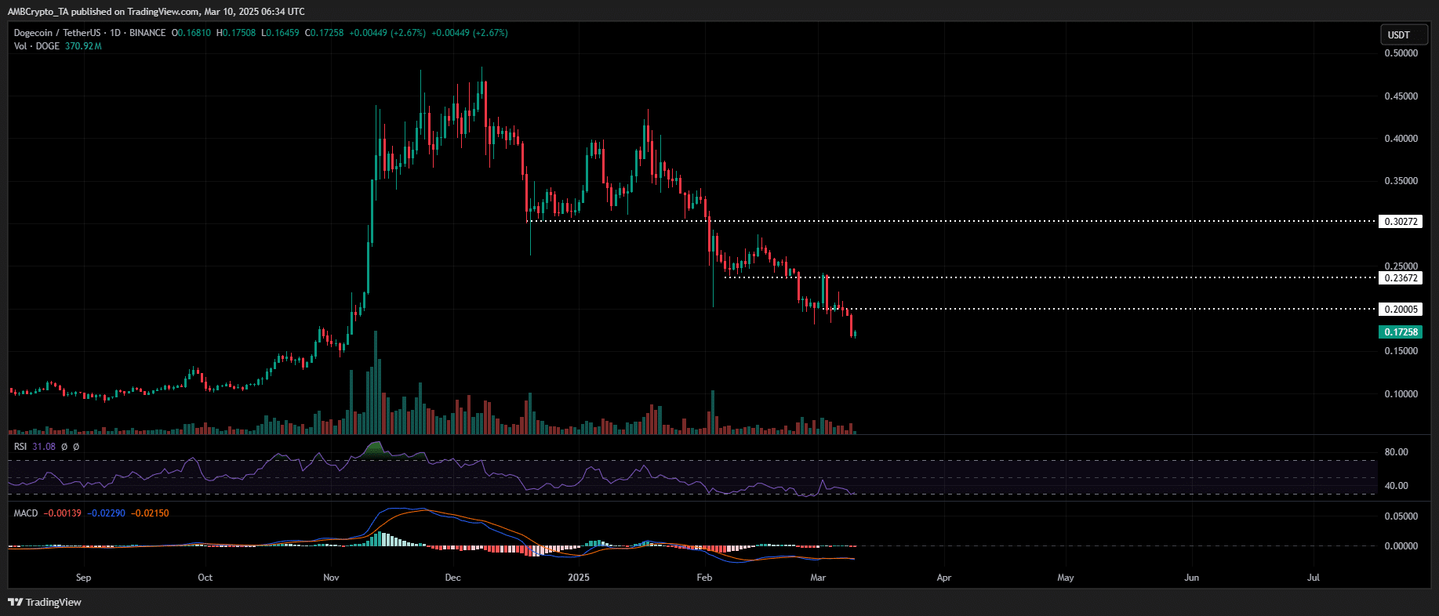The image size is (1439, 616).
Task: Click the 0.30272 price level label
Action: [1401, 222]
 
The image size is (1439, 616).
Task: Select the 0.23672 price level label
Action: [1401, 278]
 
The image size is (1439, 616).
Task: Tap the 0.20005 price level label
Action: [1401, 310]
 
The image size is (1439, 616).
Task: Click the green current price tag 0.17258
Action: [1401, 332]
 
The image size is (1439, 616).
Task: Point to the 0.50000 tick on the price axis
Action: [1401, 53]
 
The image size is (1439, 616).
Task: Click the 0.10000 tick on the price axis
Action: [1401, 394]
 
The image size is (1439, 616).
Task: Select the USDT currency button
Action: [1399, 34]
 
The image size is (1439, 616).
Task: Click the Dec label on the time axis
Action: [452, 578]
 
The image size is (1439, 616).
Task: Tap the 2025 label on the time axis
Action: [578, 578]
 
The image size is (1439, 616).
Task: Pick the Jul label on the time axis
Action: [1314, 578]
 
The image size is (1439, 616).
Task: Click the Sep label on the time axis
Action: [83, 578]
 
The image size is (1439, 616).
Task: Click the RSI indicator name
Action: [20, 447]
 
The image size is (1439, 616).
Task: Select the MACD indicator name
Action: [26, 513]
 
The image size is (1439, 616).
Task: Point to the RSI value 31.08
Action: [44, 447]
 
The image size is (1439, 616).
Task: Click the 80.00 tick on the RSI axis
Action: [1396, 452]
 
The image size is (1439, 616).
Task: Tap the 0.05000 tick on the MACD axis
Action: [1401, 516]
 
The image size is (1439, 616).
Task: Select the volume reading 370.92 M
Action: [83, 46]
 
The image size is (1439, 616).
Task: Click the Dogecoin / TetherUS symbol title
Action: [57, 33]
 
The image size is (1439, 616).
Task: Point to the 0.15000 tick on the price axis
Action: [1401, 351]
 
